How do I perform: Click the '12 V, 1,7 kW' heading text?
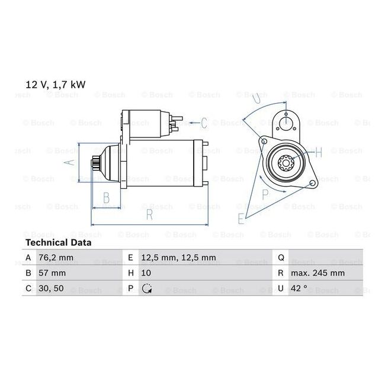click(x=55, y=85)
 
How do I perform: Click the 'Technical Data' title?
click(x=58, y=243)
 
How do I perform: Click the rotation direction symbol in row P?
click(x=147, y=289)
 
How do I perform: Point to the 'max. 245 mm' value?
click(x=317, y=274)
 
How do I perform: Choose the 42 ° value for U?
click(x=299, y=289)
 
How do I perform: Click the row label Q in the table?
click(x=280, y=258)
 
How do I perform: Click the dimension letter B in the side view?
click(x=105, y=197)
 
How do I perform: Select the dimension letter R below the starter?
click(x=150, y=215)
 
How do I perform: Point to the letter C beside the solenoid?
click(x=203, y=123)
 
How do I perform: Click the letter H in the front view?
click(x=319, y=153)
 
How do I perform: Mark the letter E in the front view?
click(x=240, y=219)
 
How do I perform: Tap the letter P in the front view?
click(x=264, y=194)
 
